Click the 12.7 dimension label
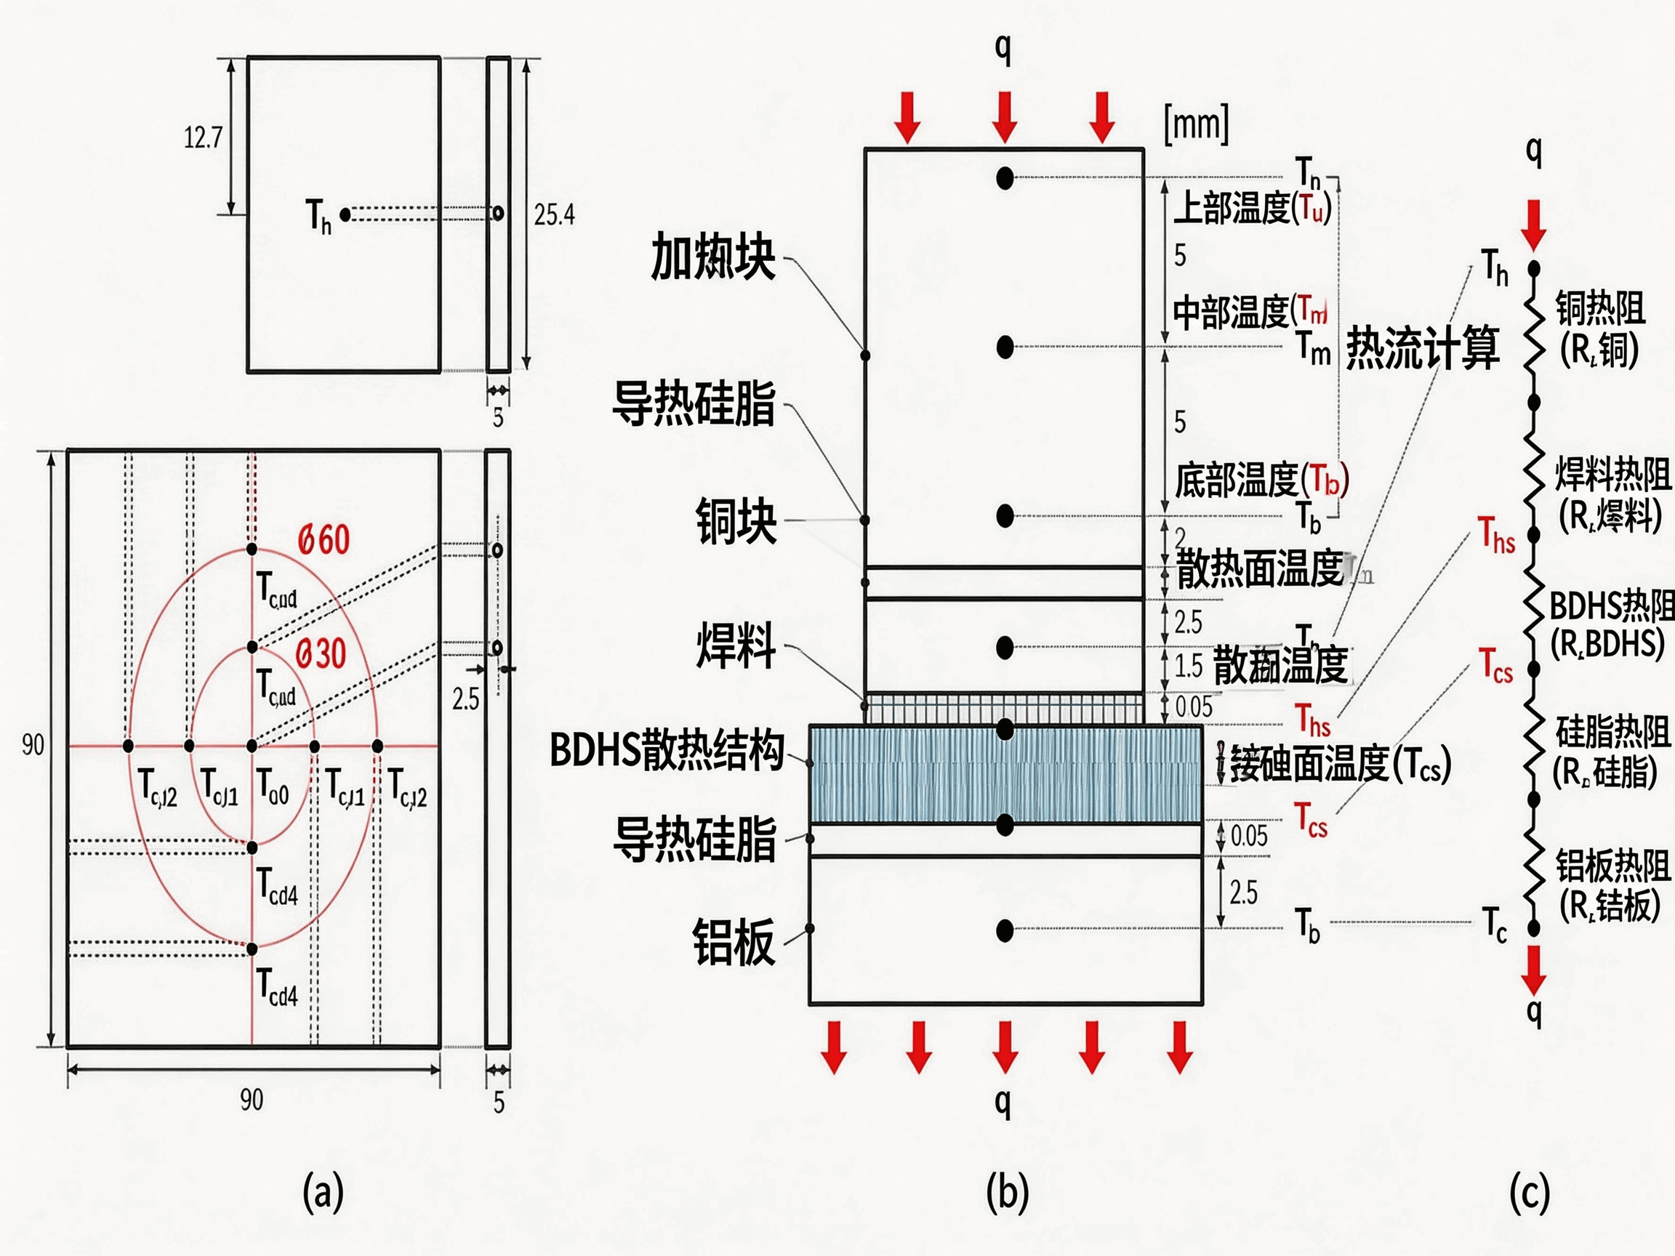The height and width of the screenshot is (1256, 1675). click(x=203, y=137)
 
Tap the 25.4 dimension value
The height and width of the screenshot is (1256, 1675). click(x=553, y=215)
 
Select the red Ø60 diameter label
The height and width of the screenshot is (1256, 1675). click(x=324, y=540)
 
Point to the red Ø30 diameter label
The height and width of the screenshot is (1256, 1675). click(x=321, y=653)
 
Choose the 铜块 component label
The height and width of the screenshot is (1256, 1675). click(x=735, y=521)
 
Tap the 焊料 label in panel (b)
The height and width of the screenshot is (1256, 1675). click(x=735, y=645)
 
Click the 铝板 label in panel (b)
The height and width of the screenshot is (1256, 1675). click(x=733, y=942)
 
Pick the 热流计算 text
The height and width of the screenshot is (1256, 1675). click(x=1422, y=348)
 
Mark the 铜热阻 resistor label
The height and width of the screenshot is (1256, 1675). click(x=1600, y=308)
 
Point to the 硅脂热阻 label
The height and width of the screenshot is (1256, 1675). click(x=1612, y=731)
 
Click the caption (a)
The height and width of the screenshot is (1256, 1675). click(x=324, y=1191)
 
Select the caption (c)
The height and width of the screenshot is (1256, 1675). click(x=1530, y=1191)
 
